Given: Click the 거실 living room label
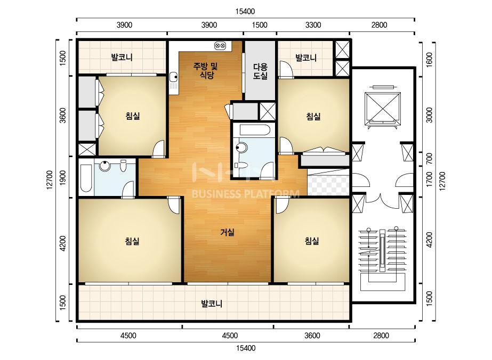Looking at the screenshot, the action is click(228, 232).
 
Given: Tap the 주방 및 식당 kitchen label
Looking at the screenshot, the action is click(206, 70).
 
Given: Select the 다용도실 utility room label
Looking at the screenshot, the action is click(261, 71).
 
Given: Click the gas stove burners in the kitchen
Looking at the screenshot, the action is click(220, 46).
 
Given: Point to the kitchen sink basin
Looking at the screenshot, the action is click(173, 77).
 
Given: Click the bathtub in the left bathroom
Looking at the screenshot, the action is click(86, 177).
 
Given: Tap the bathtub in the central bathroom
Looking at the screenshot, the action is click(254, 130).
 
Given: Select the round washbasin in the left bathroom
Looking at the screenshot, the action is click(104, 166).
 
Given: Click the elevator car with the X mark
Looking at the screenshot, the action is click(383, 107).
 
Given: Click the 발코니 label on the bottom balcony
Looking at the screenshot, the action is click(212, 304).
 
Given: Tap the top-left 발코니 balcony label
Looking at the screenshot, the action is click(122, 58).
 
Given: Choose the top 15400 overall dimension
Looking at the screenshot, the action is click(245, 12).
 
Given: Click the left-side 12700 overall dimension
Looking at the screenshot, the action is click(49, 180).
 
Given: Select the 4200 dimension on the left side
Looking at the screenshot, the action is click(63, 243).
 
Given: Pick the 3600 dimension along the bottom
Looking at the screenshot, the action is click(312, 336).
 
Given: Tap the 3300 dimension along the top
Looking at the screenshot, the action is click(313, 25).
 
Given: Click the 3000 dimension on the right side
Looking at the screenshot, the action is click(429, 115).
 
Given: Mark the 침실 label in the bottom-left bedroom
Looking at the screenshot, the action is click(132, 241).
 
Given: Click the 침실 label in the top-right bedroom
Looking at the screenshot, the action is click(313, 117).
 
